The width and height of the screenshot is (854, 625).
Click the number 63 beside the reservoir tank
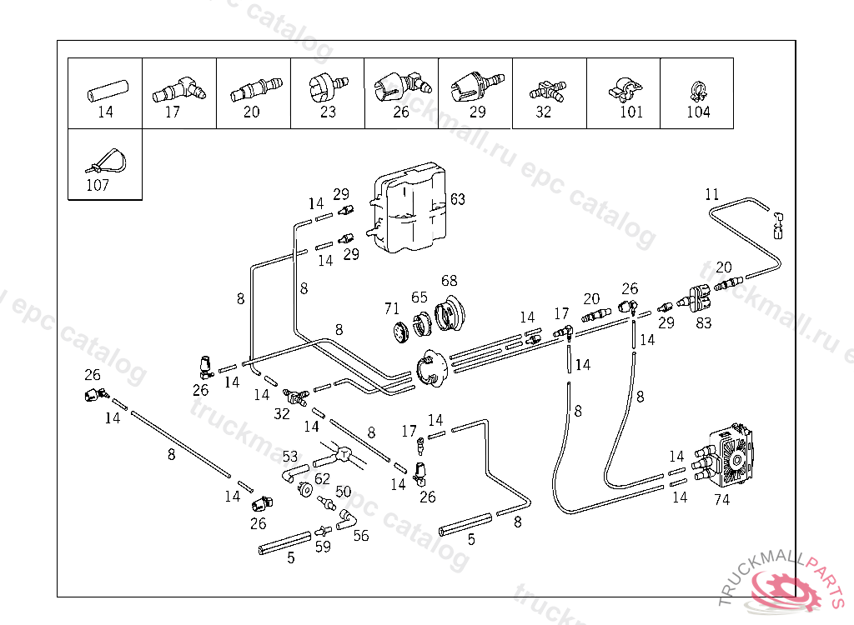tap(458, 199)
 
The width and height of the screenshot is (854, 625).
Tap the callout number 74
tap(722, 499)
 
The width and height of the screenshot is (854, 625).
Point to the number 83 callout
tap(704, 322)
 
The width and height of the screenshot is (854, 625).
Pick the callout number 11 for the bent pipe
tap(711, 195)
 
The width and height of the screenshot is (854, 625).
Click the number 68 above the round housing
tap(450, 281)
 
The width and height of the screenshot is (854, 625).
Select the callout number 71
tap(392, 308)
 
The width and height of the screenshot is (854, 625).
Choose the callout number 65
tap(419, 297)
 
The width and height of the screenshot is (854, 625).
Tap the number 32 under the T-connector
tap(283, 413)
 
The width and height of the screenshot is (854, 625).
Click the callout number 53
tap(289, 456)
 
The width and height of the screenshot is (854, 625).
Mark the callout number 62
tap(322, 479)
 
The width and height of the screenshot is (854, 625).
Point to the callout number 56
tap(360, 536)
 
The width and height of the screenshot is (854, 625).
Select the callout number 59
tap(323, 547)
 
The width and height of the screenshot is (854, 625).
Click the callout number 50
tap(343, 492)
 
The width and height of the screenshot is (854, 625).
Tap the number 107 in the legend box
tap(98, 185)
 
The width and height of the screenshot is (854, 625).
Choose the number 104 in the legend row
tap(698, 112)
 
